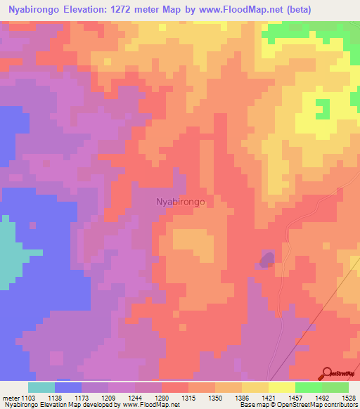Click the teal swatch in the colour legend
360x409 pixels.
pos(41,387)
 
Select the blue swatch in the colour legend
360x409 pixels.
pos(67,387)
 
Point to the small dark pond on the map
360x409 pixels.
pos(266,261)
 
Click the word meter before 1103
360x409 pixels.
pos(11,398)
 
